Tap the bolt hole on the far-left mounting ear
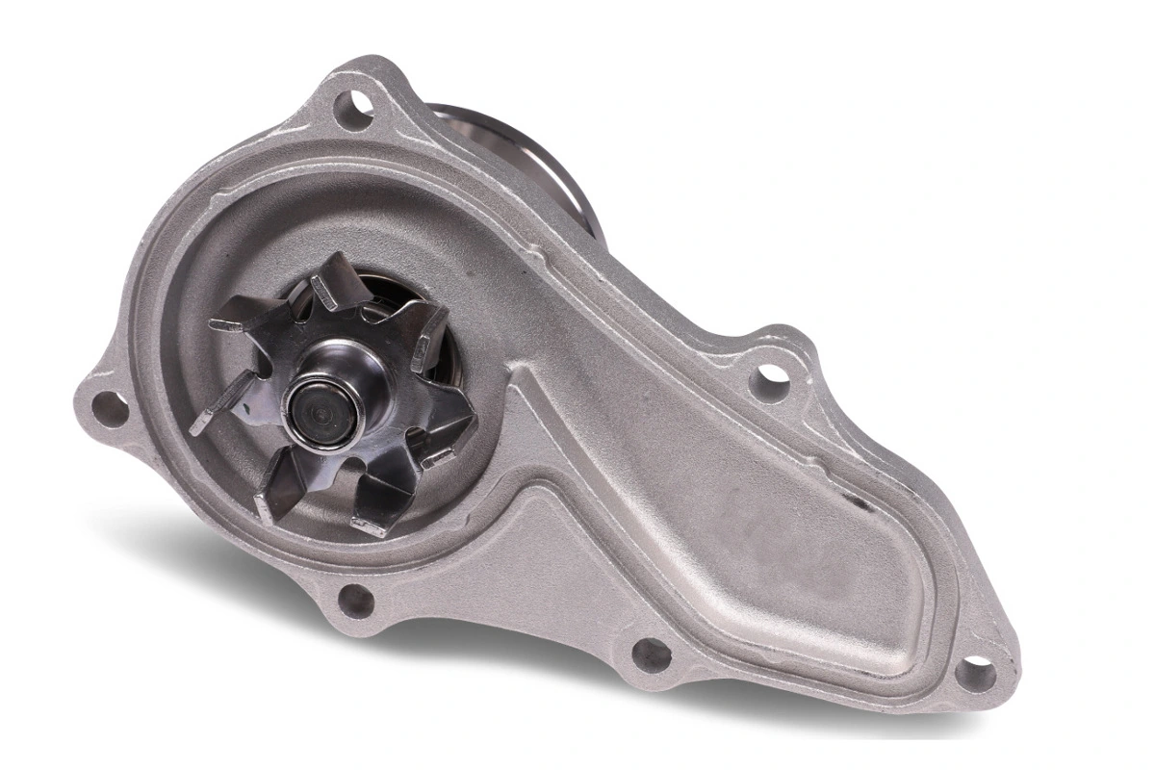click(x=107, y=408)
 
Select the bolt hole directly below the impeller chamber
click(x=355, y=600)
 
